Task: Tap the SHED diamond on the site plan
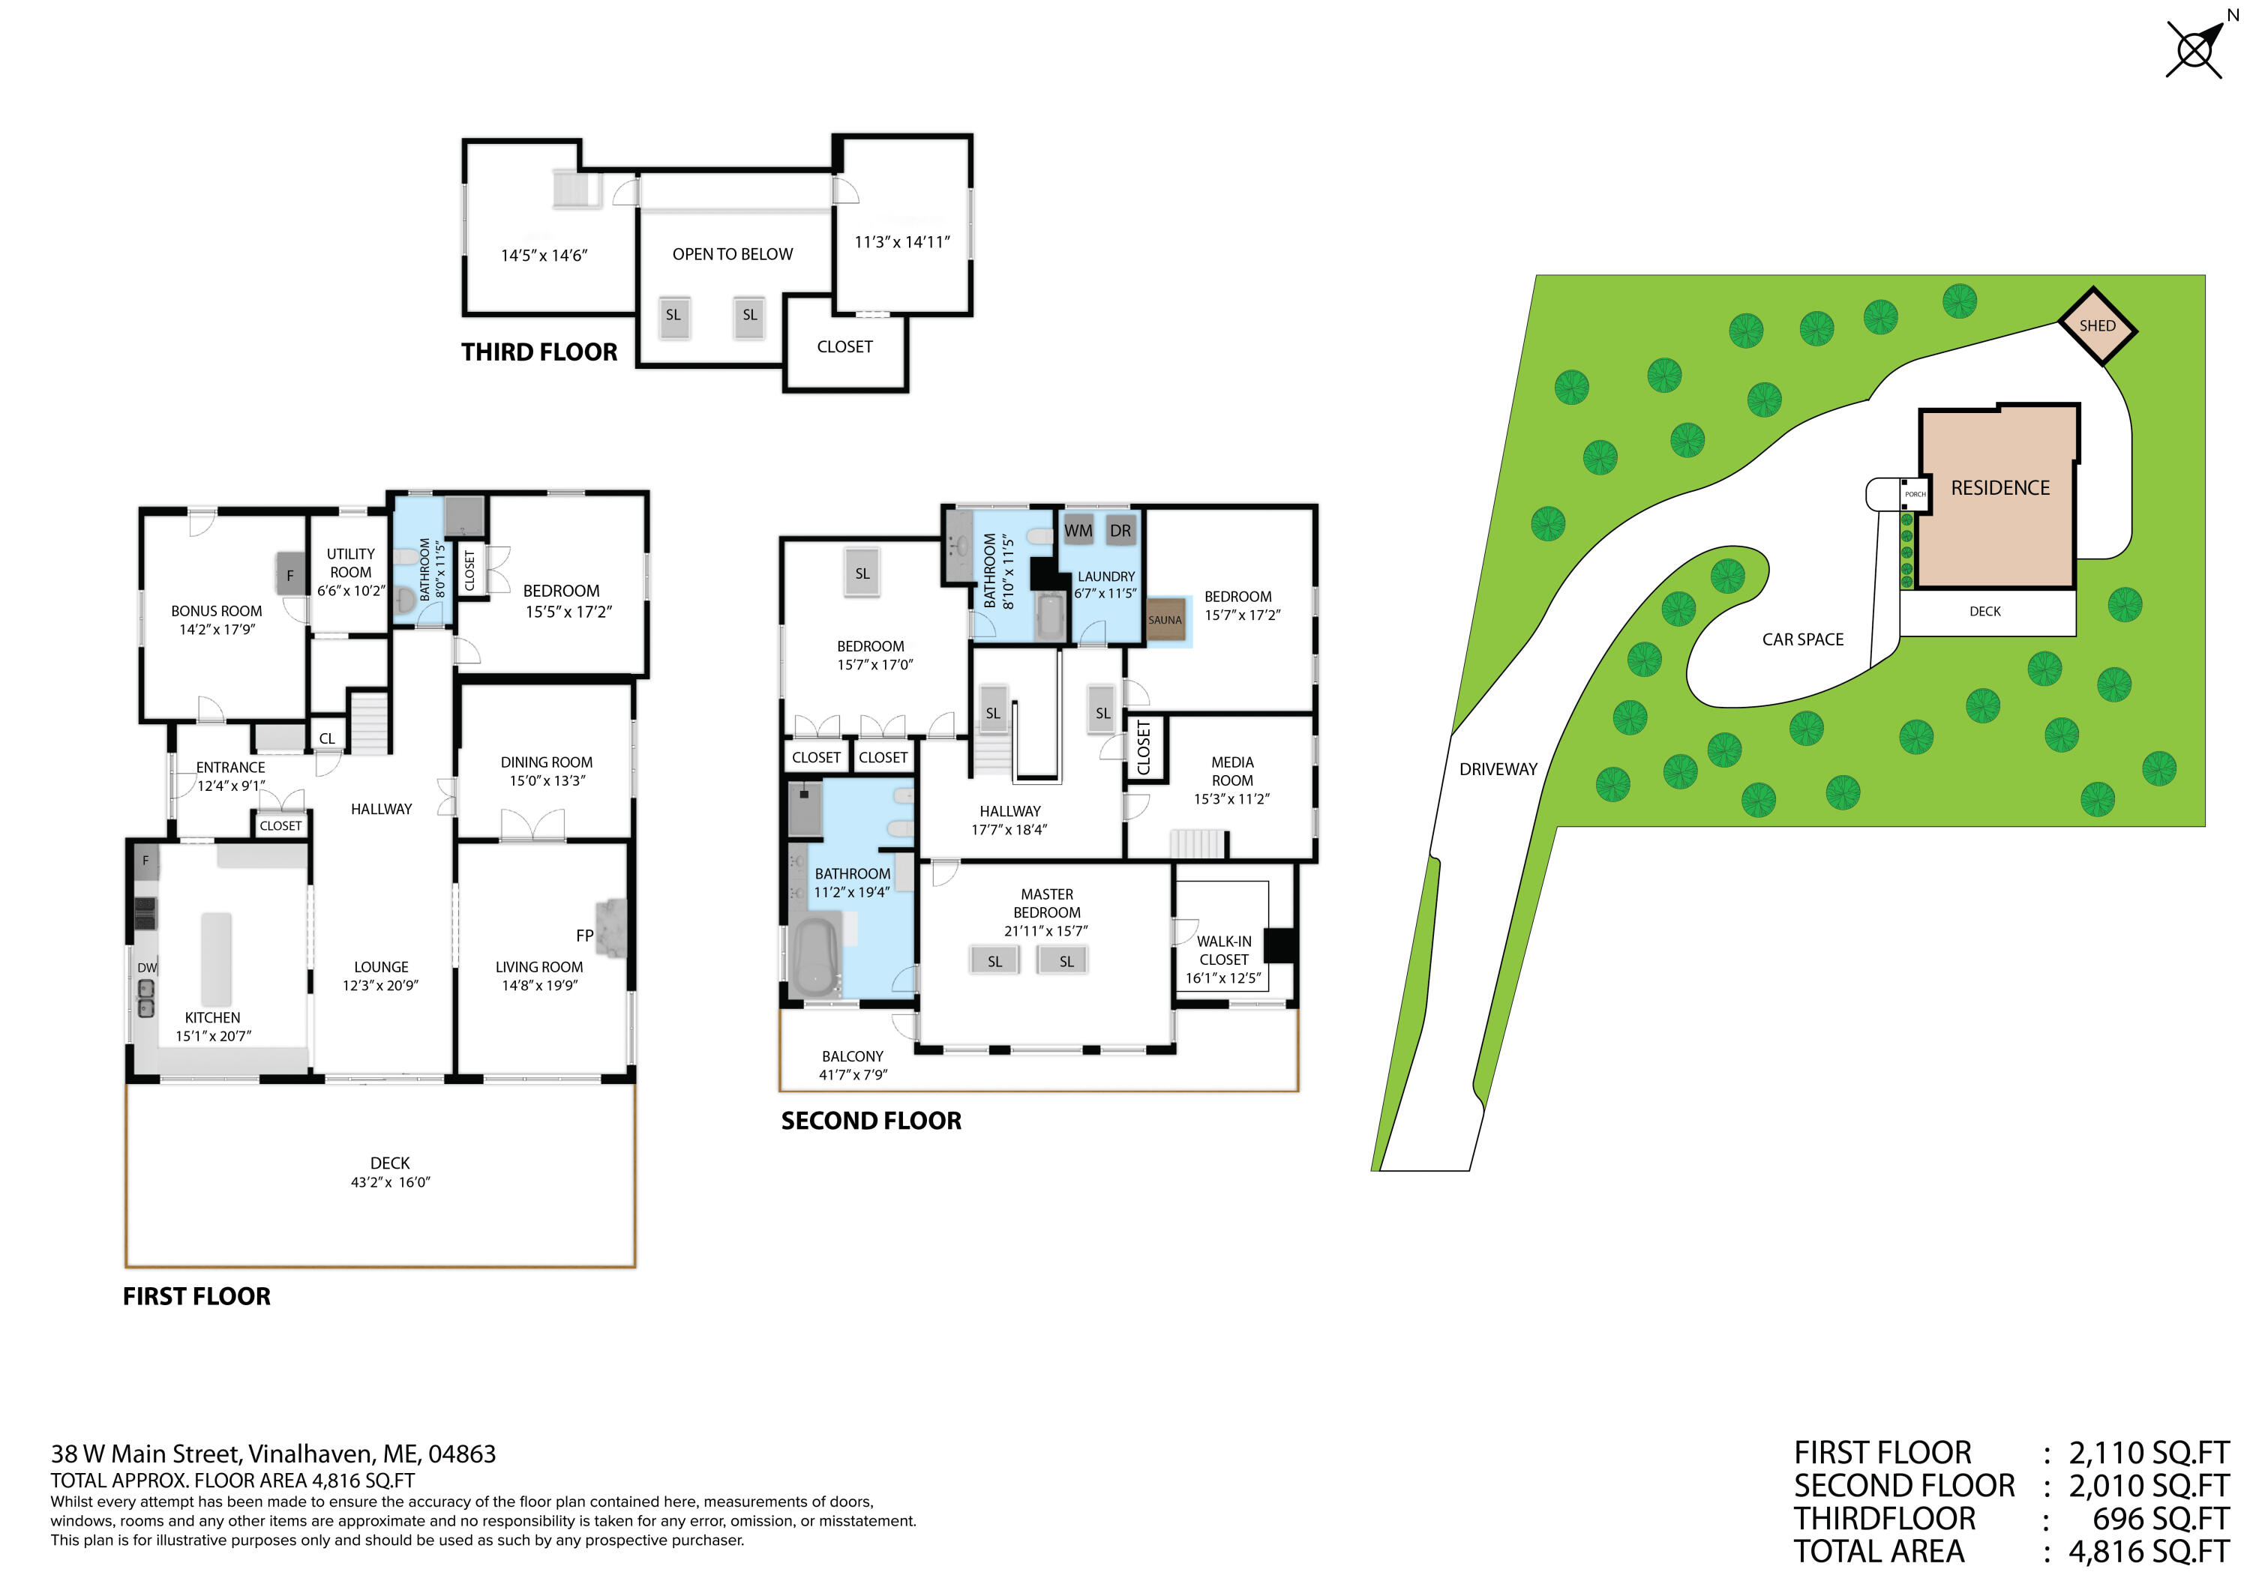(x=2096, y=326)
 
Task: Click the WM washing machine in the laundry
(x=1078, y=531)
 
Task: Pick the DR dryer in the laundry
(x=1120, y=531)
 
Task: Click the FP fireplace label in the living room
(x=585, y=936)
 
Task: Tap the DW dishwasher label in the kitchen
(x=147, y=968)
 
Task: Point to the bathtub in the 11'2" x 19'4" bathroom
(x=815, y=955)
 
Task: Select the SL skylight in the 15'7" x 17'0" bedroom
(x=862, y=574)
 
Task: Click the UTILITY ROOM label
(x=351, y=563)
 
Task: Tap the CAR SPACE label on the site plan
(x=1802, y=639)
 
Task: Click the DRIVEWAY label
(x=1498, y=770)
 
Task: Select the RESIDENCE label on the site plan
(x=1999, y=488)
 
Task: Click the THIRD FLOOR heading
(x=539, y=352)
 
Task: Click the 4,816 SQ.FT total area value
(x=2148, y=1552)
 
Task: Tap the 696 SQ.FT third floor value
(x=2160, y=1520)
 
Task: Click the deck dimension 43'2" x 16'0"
(x=390, y=1182)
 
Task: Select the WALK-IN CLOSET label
(x=1223, y=951)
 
